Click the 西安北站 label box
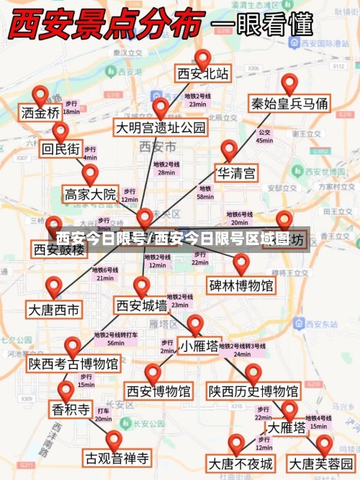203,74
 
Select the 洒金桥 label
41,113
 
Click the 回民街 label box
60,150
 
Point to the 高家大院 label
90,194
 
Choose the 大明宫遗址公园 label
161,128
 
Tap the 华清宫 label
236,173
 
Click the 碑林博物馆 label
241,285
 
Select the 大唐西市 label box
54,310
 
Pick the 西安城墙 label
142,306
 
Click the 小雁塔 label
199,346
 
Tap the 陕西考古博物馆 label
73,364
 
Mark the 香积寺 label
70,410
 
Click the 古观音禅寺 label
117,457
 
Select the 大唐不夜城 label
240,462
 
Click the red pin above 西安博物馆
153,373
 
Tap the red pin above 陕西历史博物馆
253,373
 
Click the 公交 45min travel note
264,136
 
